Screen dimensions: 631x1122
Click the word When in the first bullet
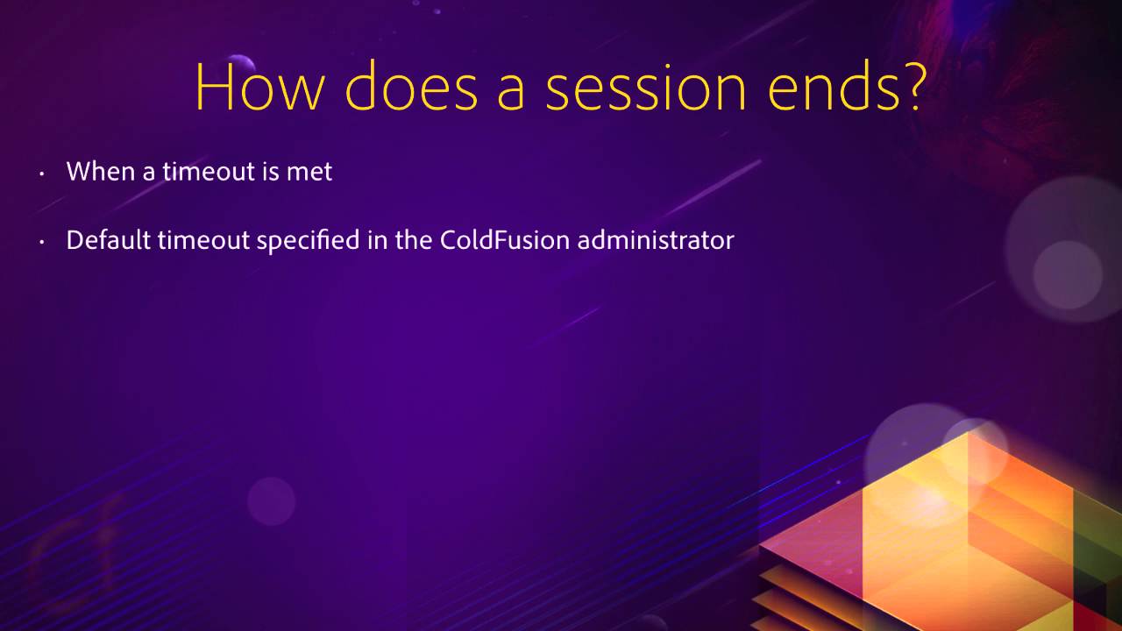point(98,171)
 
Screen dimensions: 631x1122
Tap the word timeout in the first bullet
point(208,171)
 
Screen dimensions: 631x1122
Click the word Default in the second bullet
point(109,240)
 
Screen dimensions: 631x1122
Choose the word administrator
point(656,240)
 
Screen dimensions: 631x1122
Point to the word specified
point(309,240)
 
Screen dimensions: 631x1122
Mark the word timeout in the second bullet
point(204,240)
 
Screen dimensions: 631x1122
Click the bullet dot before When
point(41,174)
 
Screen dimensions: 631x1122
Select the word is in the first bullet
point(271,171)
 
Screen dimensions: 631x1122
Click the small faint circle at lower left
point(271,500)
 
